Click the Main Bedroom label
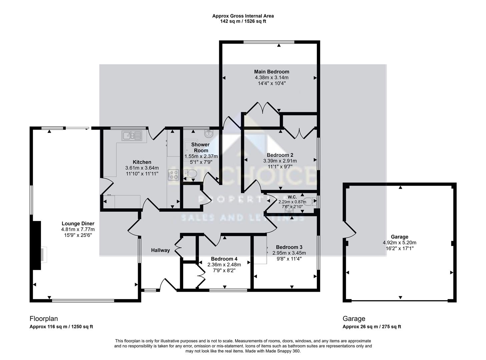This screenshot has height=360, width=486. click(x=272, y=72)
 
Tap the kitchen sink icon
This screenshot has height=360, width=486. click(x=132, y=135)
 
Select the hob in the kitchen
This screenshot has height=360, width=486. click(x=173, y=175)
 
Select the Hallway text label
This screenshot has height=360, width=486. click(x=160, y=250)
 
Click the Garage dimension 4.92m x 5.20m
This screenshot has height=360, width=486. click(x=399, y=243)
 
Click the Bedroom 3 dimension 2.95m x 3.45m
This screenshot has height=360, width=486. click(x=289, y=253)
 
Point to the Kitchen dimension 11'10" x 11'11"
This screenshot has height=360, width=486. click(x=142, y=174)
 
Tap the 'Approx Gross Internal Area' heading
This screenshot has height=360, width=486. click(x=243, y=16)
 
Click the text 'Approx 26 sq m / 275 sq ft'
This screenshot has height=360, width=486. click(x=372, y=327)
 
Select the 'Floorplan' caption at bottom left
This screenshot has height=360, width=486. click(x=41, y=319)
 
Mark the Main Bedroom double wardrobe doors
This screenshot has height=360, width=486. click(x=262, y=108)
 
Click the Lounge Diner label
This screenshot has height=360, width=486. click(x=78, y=224)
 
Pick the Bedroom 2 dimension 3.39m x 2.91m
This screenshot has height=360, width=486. click(x=280, y=161)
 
